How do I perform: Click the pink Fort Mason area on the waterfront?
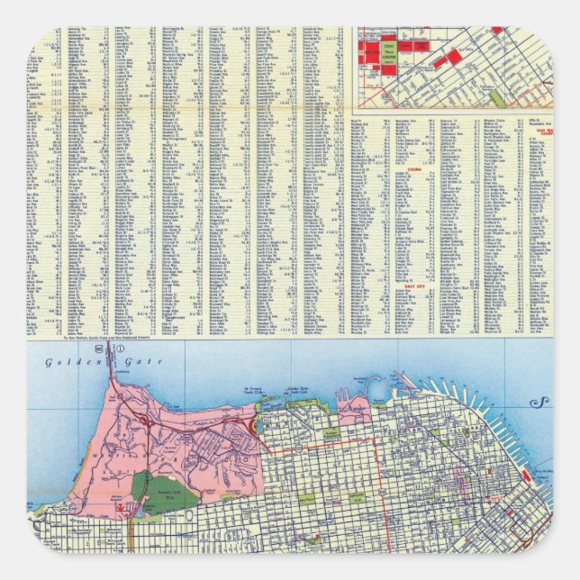pos(354,410)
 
